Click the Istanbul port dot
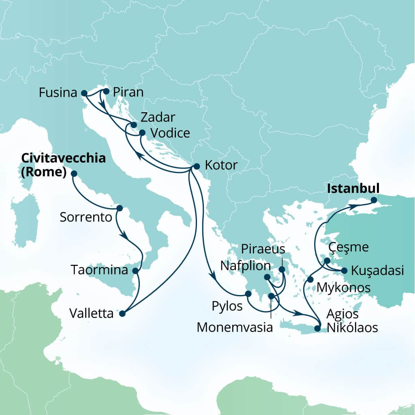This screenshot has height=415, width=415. click(374, 200)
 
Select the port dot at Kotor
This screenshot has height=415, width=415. click(197, 166)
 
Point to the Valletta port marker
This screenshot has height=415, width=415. click(122, 313)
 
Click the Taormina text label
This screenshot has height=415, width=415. click(99, 270)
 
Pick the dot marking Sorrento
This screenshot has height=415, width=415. click(119, 208)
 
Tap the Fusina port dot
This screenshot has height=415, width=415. click(84, 93)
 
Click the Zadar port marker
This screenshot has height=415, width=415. click(134, 125)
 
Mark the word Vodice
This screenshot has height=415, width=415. click(170, 133)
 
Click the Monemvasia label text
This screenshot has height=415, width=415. click(235, 327)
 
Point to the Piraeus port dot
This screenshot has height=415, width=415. click(282, 269)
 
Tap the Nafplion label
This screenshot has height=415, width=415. click(246, 266)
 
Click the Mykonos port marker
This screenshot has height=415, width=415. click(310, 280)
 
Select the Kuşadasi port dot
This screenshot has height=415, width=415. click(344, 270)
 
